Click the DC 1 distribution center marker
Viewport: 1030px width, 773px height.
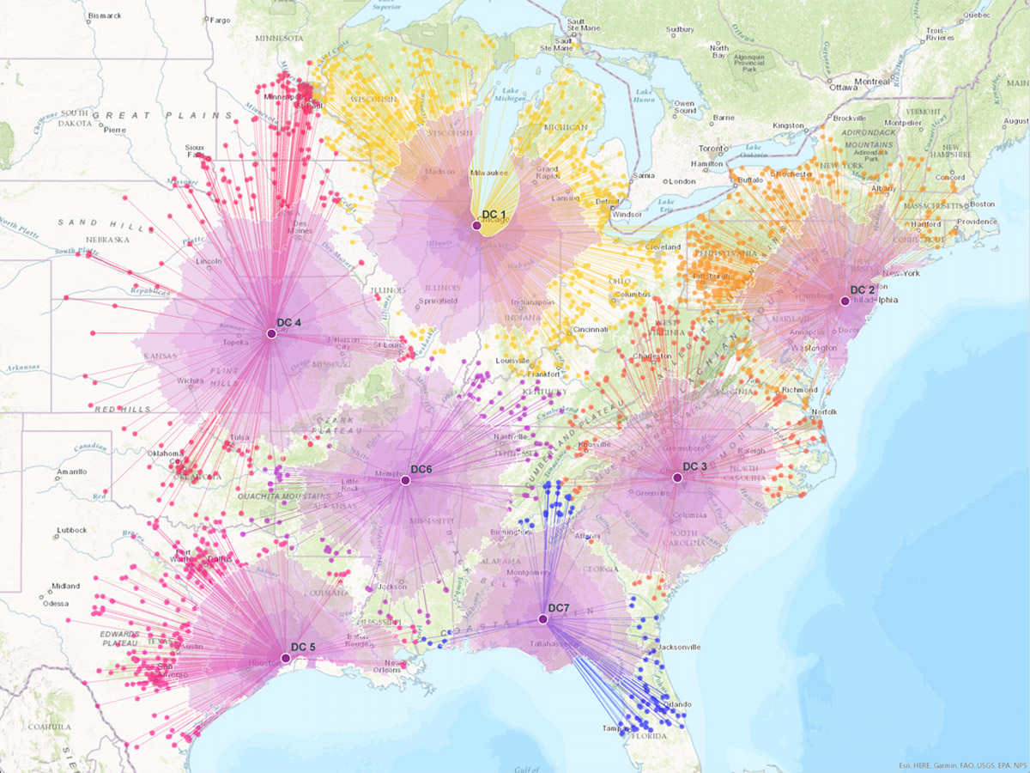point(476,225)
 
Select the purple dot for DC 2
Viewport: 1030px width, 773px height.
point(845,301)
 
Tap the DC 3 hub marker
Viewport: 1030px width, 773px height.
point(677,478)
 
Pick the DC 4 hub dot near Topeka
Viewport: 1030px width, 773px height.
point(271,334)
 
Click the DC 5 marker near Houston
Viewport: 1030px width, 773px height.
point(286,658)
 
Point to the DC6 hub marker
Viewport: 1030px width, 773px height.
point(405,480)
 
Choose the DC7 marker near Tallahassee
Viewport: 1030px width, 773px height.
point(542,619)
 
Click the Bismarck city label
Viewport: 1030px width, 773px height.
point(105,15)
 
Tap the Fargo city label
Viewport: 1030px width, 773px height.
point(221,20)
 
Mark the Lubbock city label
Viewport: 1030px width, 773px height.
point(72,530)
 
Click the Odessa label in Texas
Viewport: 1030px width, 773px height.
point(57,604)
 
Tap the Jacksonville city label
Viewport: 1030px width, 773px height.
point(679,647)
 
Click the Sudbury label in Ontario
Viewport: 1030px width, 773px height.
point(680,29)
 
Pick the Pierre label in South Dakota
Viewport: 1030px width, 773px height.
point(115,131)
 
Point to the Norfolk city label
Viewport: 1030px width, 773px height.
point(824,412)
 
